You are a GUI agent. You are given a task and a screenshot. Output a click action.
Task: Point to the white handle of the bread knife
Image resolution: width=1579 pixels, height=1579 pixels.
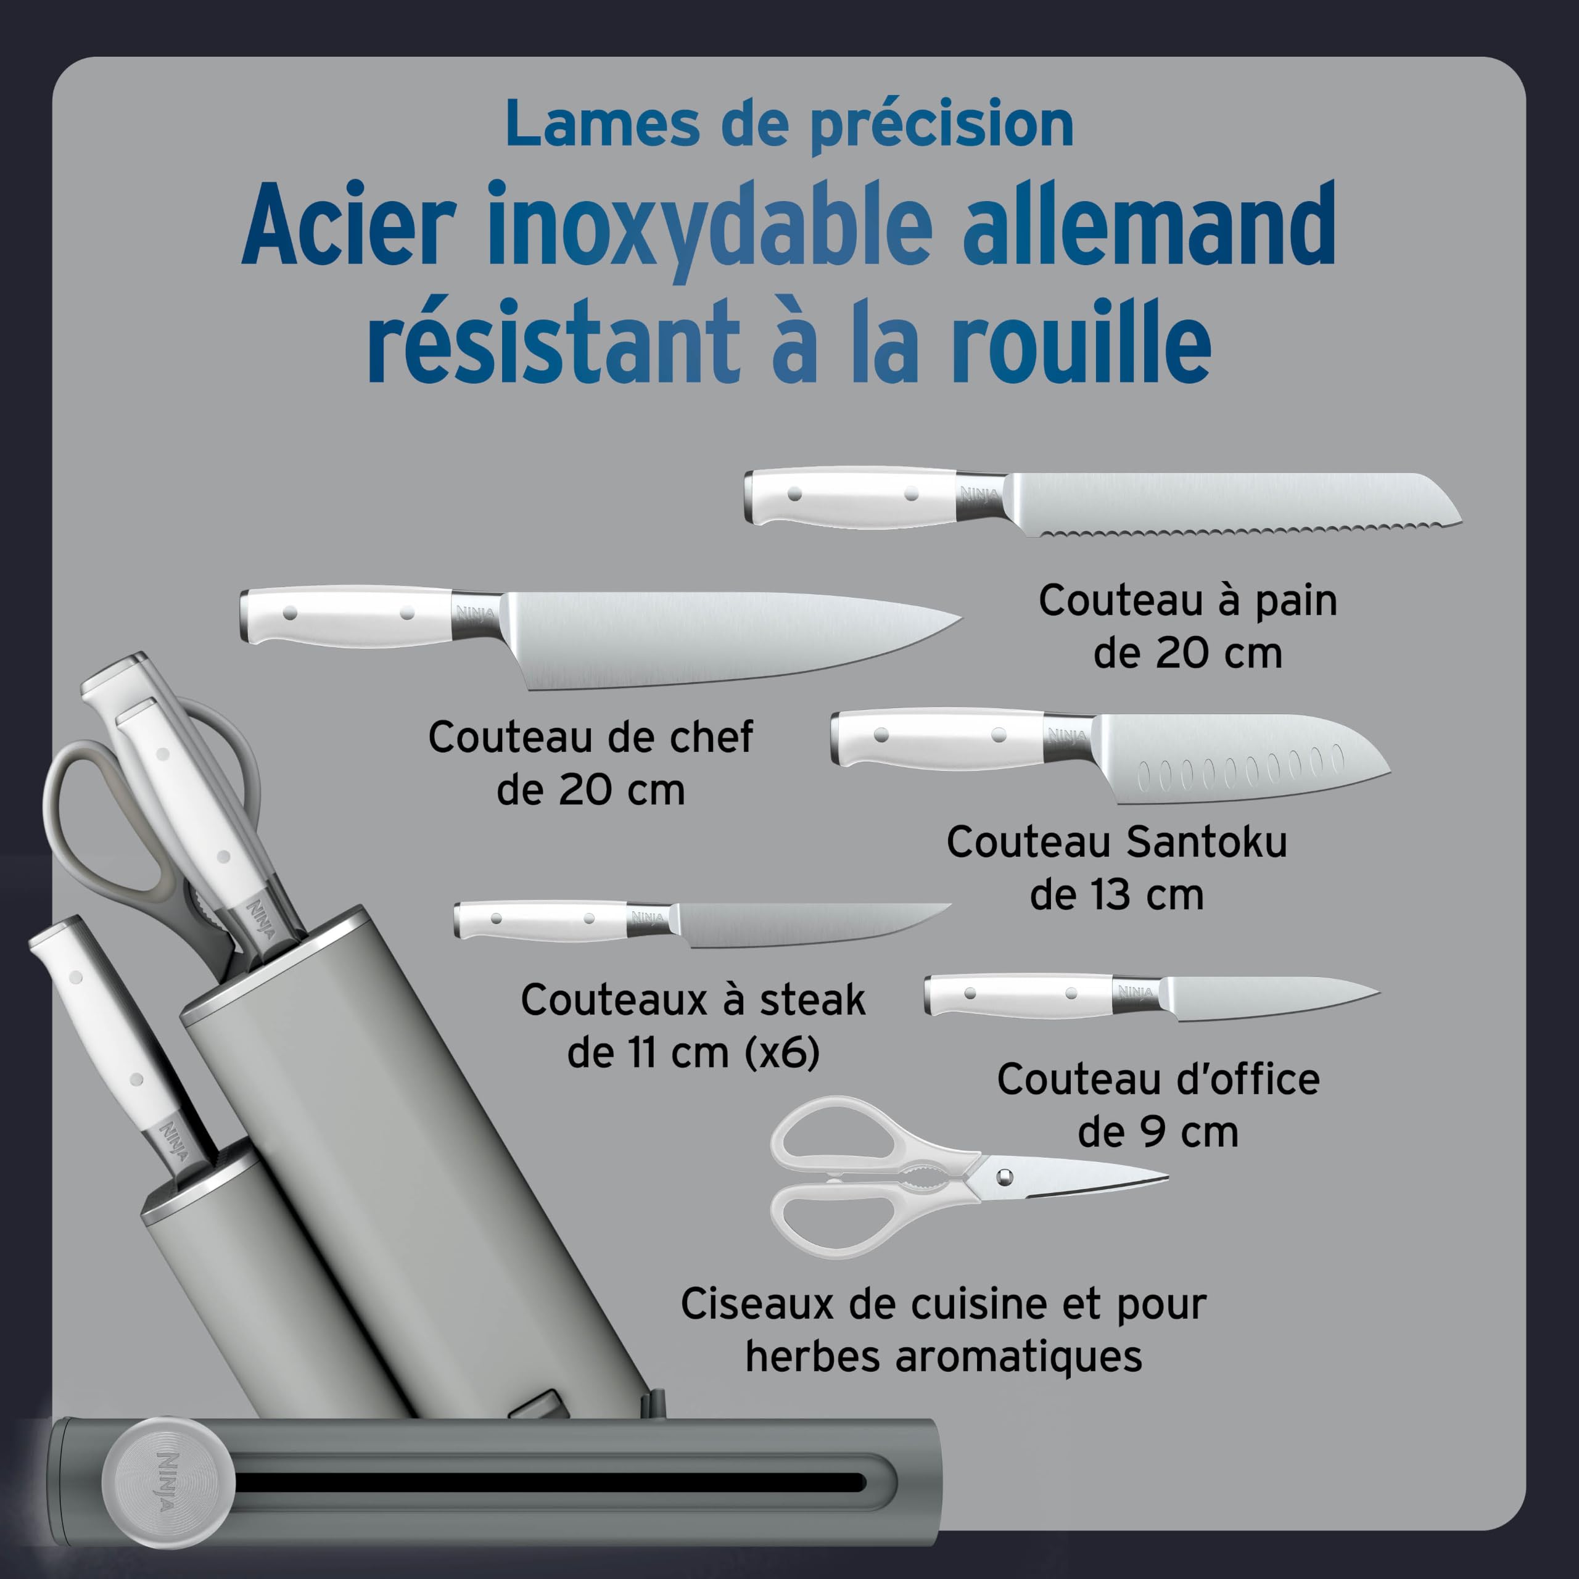pos(850,496)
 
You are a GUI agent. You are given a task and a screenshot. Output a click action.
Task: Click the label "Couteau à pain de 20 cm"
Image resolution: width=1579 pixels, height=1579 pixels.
pos(1187,627)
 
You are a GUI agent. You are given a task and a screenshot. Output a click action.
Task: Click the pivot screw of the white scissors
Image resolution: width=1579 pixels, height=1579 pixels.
pos(1004,1177)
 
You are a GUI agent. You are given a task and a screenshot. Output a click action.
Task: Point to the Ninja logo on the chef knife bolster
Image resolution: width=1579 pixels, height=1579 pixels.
pos(476,613)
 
